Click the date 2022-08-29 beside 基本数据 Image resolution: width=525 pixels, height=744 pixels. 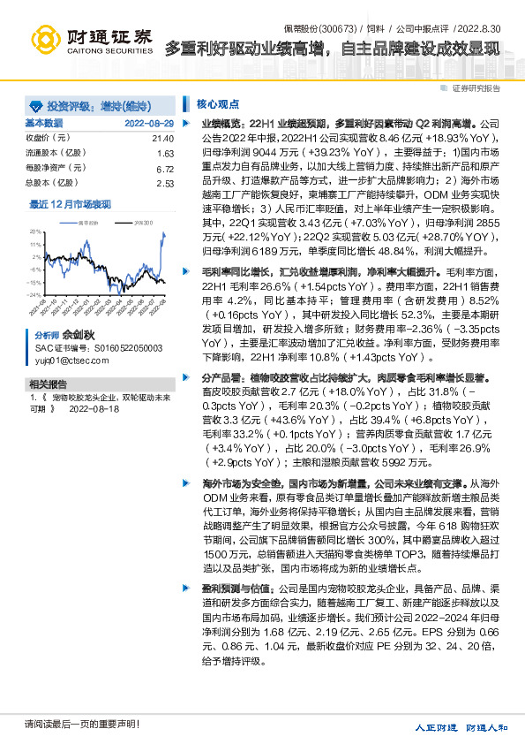[x=149, y=123]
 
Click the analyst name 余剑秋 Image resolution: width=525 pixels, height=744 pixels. [x=78, y=337]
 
